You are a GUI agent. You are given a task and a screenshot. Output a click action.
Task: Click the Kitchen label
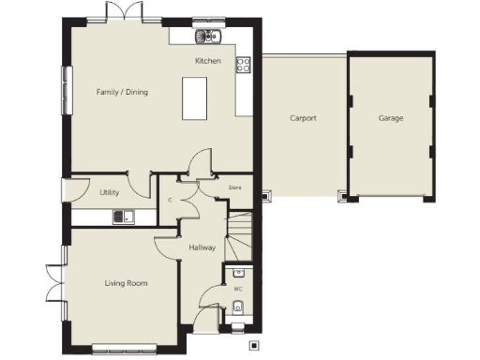point(207,61)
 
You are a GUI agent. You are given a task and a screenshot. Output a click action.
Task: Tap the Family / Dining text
point(122,92)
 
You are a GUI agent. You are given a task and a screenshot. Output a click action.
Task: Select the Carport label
point(302,119)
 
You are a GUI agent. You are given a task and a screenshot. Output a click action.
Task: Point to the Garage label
point(391,119)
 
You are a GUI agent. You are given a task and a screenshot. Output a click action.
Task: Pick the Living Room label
point(125,282)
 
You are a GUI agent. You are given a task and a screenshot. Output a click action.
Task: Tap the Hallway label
point(202,247)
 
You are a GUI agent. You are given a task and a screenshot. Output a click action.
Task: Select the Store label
point(236,187)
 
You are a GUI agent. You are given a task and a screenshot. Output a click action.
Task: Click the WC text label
point(238,290)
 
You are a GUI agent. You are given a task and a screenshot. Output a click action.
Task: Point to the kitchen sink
point(205,37)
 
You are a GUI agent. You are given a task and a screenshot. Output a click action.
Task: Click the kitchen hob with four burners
point(243,65)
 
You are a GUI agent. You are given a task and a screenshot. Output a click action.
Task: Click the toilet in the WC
point(238,307)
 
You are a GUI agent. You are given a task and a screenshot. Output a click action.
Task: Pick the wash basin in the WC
point(239,273)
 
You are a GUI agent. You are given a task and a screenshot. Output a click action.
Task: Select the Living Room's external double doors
point(54,282)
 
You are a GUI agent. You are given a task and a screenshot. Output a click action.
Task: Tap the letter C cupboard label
point(169,200)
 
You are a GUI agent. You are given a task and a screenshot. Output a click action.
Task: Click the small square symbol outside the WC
point(253,345)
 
